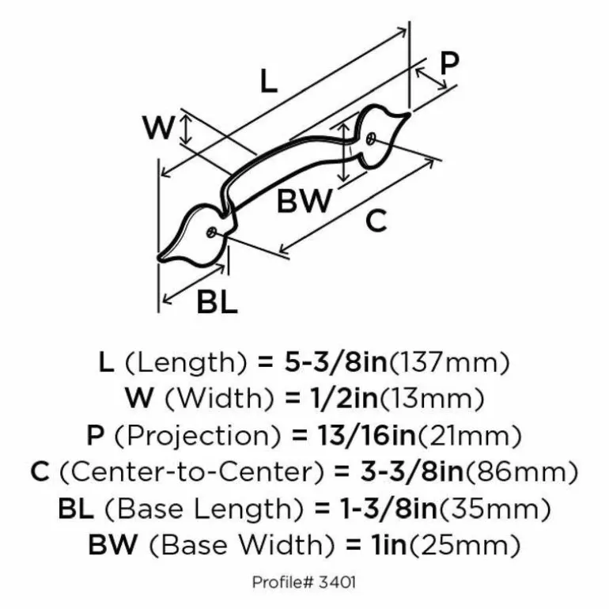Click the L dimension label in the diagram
(x=269, y=81)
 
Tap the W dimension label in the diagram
(x=157, y=127)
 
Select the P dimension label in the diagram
(x=448, y=63)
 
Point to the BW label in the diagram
(x=304, y=202)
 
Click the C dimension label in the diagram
(x=376, y=221)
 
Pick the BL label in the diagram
(x=217, y=302)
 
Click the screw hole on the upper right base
(x=371, y=138)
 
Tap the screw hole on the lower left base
(x=211, y=232)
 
